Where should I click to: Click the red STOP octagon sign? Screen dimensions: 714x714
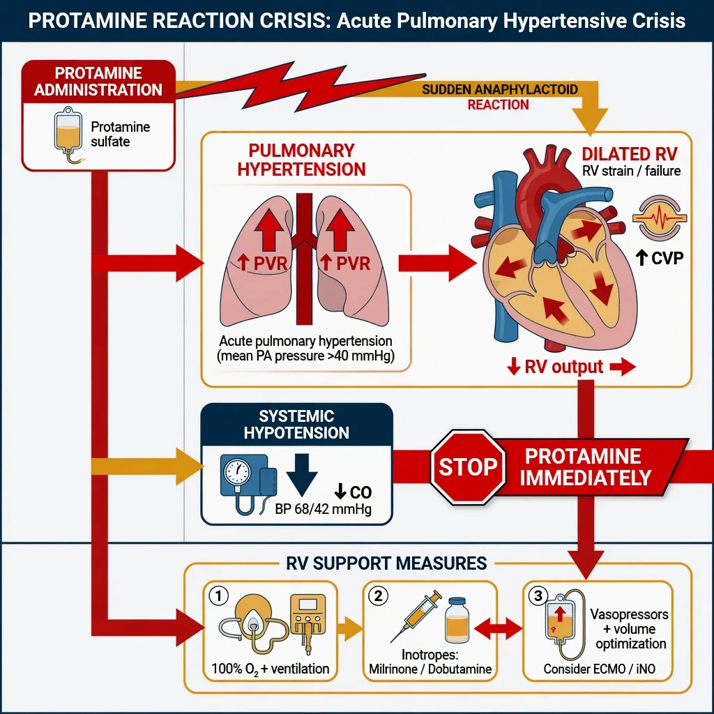468,467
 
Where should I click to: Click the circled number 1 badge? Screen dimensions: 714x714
218,595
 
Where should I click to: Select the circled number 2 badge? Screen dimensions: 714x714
379,595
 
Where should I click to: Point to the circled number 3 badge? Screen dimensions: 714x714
538,595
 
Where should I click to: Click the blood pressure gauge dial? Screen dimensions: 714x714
237,471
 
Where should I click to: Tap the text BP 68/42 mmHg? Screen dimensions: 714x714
323,508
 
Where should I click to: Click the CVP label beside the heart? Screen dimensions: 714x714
660,258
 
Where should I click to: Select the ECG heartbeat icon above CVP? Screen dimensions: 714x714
660,218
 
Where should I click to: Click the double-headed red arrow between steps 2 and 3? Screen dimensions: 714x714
498,629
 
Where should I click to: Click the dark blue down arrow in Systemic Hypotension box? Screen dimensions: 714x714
301,474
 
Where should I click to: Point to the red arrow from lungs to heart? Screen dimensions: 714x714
436,263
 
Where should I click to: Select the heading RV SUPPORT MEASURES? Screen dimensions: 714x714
386,563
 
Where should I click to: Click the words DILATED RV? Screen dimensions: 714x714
630,154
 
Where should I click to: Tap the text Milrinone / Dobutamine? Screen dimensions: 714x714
430,669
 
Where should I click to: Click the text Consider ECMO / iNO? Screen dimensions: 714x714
599,669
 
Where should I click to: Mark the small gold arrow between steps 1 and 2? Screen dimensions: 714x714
350,629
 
